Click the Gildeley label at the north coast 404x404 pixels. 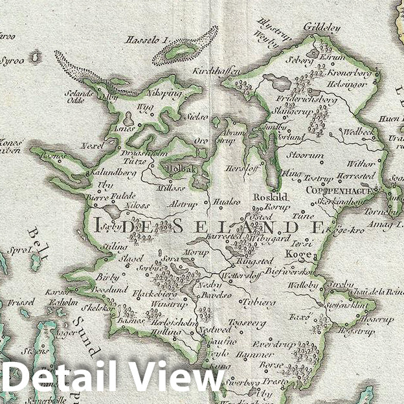[320, 27]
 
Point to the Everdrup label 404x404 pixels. [270, 344]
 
